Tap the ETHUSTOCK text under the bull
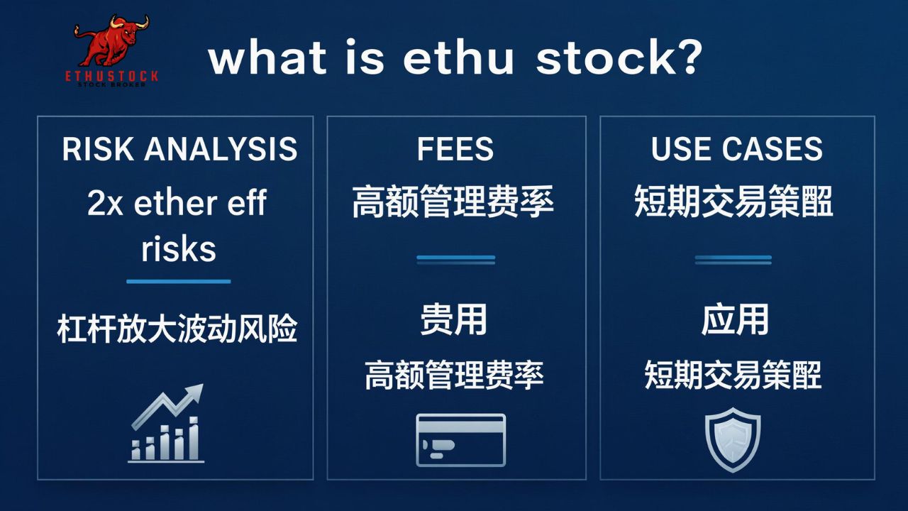(x=112, y=76)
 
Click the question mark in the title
(x=687, y=58)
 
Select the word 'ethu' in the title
(x=458, y=58)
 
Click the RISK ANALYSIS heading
(x=179, y=149)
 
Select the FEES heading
(x=455, y=149)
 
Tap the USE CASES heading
(x=737, y=149)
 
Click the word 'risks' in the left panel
(x=179, y=249)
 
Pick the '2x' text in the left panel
(x=105, y=204)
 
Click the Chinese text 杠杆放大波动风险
(x=177, y=330)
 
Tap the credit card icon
(x=460, y=439)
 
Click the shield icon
(x=733, y=439)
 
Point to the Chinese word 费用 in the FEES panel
(x=454, y=320)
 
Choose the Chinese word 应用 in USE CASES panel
(x=735, y=320)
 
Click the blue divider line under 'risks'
(x=179, y=282)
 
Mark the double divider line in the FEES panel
(x=455, y=260)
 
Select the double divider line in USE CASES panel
(x=733, y=260)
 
